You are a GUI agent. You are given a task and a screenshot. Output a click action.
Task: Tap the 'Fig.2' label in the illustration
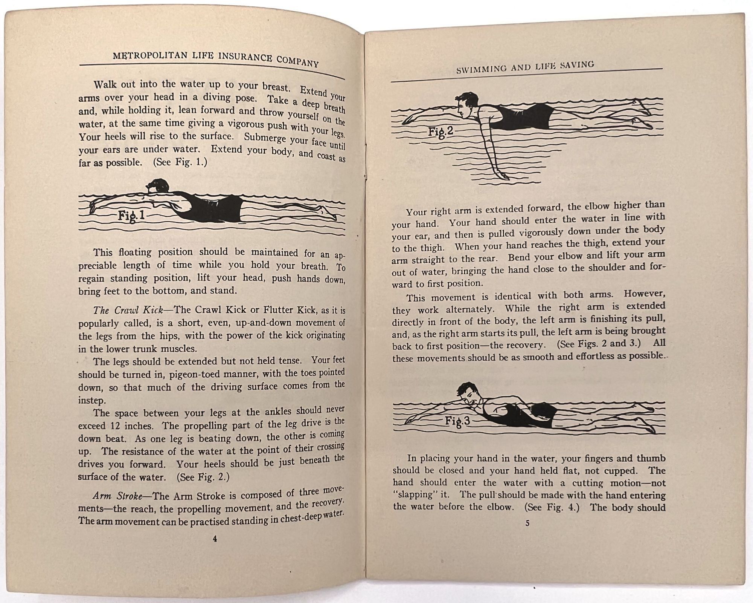tap(441, 132)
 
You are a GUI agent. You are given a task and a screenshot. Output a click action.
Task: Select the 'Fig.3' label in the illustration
tap(457, 421)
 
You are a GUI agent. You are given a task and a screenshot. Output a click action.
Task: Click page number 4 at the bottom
tap(215, 539)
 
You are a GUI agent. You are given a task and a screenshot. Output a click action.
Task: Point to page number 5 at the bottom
tap(527, 523)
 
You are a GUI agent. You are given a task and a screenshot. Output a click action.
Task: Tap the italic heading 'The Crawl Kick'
tap(128, 310)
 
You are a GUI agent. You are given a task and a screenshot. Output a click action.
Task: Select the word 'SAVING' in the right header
tap(578, 65)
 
